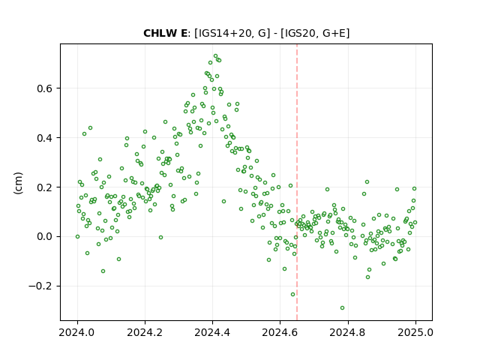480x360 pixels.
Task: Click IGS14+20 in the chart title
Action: pyautogui.click(x=226, y=33)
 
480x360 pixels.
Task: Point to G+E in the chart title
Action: pyautogui.click(x=334, y=33)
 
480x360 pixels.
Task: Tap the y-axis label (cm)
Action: pyautogui.click(x=19, y=183)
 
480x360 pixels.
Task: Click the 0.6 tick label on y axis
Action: pyautogui.click(x=45, y=88)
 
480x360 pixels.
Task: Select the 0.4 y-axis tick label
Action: pyautogui.click(x=45, y=138)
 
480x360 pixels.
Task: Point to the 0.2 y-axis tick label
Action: pyautogui.click(x=45, y=187)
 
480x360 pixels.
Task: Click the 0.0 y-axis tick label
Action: pyautogui.click(x=45, y=237)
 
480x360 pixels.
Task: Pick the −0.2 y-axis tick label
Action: pyautogui.click(x=40, y=286)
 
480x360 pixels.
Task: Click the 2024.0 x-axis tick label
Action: pyautogui.click(x=77, y=332)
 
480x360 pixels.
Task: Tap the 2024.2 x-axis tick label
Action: pyautogui.click(x=145, y=332)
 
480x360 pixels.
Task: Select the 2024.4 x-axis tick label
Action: pyautogui.click(x=212, y=332)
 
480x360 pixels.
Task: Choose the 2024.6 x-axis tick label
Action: pyautogui.click(x=280, y=332)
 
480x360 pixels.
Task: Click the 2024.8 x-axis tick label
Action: pyautogui.click(x=348, y=332)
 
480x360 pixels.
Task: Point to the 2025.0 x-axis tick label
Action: pyautogui.click(x=415, y=332)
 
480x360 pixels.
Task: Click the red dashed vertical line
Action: pyautogui.click(x=297, y=182)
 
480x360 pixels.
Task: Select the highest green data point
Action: pyautogui.click(x=215, y=56)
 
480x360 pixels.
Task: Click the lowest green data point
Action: pyautogui.click(x=342, y=308)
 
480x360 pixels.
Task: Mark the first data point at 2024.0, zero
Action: pyautogui.click(x=77, y=237)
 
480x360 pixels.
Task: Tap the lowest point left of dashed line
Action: pyautogui.click(x=293, y=295)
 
